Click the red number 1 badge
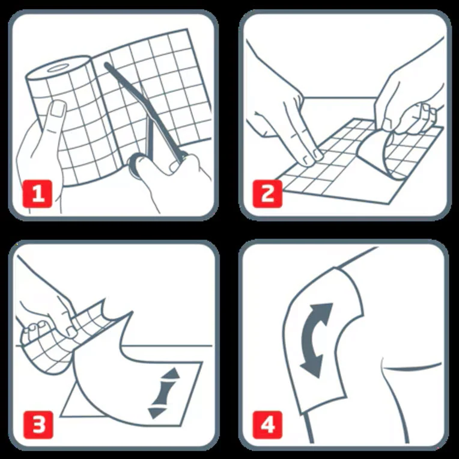(x=37, y=194)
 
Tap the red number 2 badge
(x=267, y=194)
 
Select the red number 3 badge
(x=38, y=425)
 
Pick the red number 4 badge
(x=268, y=425)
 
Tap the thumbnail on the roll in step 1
(x=57, y=109)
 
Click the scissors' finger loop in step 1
(x=135, y=165)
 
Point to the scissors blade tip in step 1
(x=106, y=64)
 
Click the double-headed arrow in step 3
(x=165, y=393)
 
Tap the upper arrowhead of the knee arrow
(x=323, y=310)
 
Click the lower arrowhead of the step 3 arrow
(x=157, y=413)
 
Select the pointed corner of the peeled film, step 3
(x=132, y=312)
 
